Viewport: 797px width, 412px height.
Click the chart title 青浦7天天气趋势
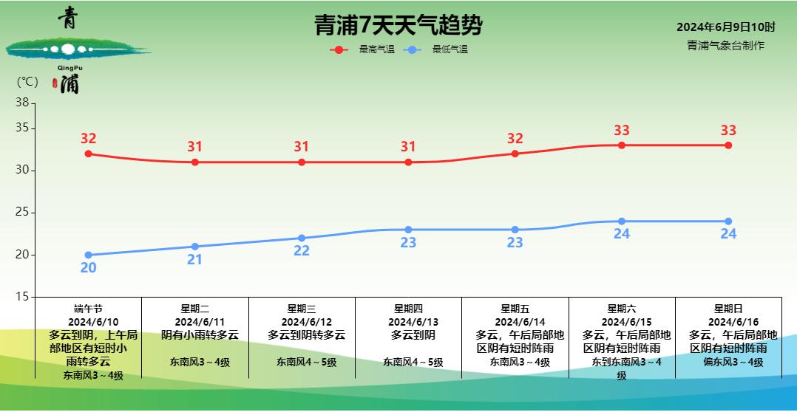[x=398, y=25]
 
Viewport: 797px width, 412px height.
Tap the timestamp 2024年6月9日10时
[x=725, y=27]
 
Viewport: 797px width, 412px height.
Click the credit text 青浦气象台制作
[x=725, y=46]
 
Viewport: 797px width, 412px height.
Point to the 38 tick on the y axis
[x=21, y=103]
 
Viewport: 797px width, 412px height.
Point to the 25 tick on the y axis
[x=21, y=213]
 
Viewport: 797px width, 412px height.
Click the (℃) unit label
[x=27, y=82]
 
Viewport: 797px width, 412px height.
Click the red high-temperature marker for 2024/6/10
[x=88, y=154]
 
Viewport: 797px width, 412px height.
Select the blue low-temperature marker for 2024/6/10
[x=88, y=255]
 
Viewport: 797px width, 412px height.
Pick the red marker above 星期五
[x=515, y=154]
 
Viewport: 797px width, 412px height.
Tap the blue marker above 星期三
[x=302, y=238]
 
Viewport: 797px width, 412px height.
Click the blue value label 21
[x=194, y=259]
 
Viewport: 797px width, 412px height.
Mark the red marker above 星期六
[x=622, y=145]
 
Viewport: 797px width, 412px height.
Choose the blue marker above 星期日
[x=728, y=222]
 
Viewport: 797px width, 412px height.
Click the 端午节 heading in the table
[x=88, y=309]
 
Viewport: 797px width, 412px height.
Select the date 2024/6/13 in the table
[x=408, y=322]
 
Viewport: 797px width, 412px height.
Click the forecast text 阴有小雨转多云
[x=200, y=335]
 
